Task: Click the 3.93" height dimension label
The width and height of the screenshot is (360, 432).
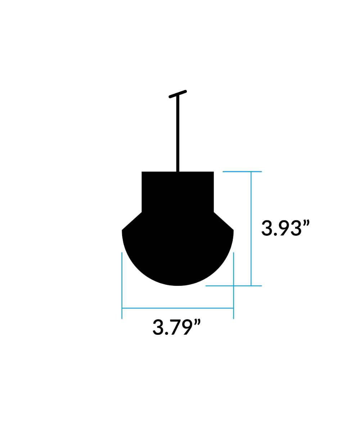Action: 285,228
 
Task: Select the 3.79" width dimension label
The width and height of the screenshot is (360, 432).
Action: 177,327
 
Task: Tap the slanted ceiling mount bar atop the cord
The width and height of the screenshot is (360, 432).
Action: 178,94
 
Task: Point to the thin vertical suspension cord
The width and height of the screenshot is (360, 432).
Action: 178,134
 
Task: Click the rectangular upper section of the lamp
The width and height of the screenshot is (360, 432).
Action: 177,192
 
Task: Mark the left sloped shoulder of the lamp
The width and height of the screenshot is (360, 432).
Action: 132,221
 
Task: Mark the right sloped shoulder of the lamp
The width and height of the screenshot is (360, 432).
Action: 224,221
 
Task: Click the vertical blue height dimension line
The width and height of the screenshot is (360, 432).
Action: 251,229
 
